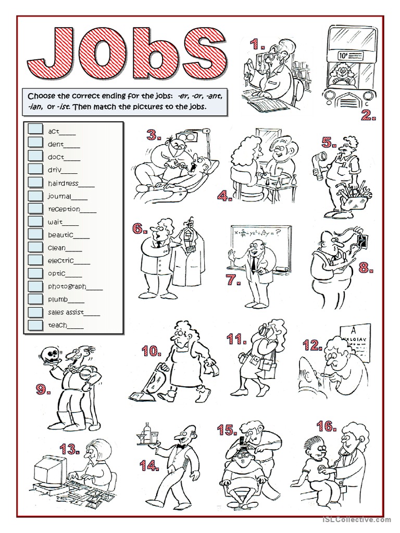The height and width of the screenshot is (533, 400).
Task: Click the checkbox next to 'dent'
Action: point(35,143)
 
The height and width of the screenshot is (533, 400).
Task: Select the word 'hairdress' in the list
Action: point(63,184)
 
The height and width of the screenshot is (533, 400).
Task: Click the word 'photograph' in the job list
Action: point(67,287)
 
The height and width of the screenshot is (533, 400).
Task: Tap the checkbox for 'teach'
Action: point(35,325)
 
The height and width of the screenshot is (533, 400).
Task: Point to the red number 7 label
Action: point(234,280)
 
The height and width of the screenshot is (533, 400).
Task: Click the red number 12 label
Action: point(312,346)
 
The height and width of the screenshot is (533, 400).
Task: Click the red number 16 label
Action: point(327,426)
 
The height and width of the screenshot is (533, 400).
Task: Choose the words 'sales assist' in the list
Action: point(66,312)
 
